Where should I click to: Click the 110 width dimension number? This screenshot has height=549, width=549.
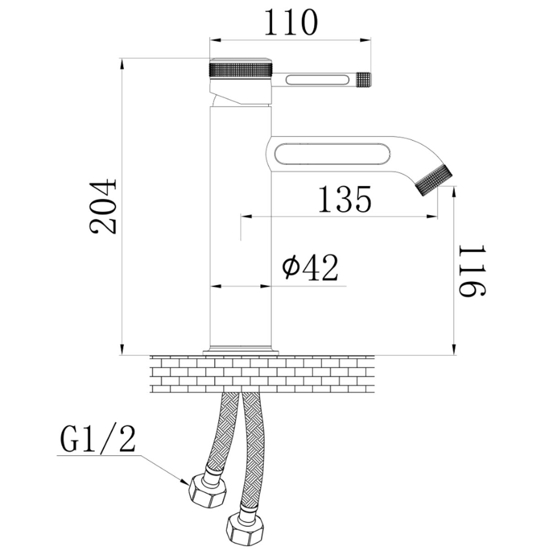(x=291, y=22)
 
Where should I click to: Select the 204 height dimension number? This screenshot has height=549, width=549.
(x=103, y=206)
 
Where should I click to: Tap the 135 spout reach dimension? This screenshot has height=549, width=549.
(x=345, y=199)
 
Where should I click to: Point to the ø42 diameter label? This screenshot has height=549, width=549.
(x=310, y=267)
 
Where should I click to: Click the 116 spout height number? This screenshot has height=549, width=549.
(x=472, y=271)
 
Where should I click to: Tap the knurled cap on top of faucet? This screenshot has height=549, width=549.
(x=241, y=68)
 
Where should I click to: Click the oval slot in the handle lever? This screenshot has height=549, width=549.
(x=318, y=80)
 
